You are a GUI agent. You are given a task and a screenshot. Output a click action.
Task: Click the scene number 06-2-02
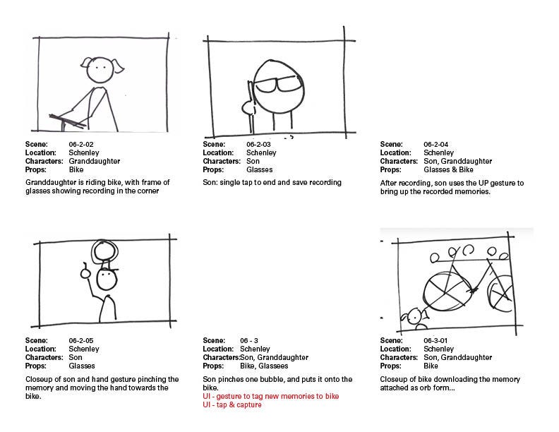(81, 145)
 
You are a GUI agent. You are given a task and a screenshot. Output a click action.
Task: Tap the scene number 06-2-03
(258, 145)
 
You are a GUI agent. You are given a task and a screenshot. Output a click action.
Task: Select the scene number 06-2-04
(435, 145)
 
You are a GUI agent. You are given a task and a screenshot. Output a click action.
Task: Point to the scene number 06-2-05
(81, 340)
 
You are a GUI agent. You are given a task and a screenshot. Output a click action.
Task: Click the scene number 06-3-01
(435, 340)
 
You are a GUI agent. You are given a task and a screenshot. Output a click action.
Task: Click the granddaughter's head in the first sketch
(99, 70)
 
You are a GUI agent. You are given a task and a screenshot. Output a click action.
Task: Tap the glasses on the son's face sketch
(277, 85)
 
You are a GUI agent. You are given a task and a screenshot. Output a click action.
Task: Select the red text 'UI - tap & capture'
(232, 405)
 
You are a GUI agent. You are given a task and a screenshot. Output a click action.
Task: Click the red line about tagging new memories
(271, 397)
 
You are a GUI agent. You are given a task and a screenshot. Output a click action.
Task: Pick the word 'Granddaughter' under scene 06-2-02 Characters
(95, 161)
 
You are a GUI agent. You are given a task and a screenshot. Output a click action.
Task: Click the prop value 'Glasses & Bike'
(448, 169)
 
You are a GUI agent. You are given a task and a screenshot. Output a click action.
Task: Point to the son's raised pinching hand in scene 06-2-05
(85, 272)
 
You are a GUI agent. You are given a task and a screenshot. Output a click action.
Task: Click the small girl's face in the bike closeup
(414, 316)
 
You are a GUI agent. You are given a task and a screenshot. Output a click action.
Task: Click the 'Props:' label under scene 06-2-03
(213, 169)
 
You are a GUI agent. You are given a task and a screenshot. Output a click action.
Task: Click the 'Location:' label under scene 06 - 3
(218, 349)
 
